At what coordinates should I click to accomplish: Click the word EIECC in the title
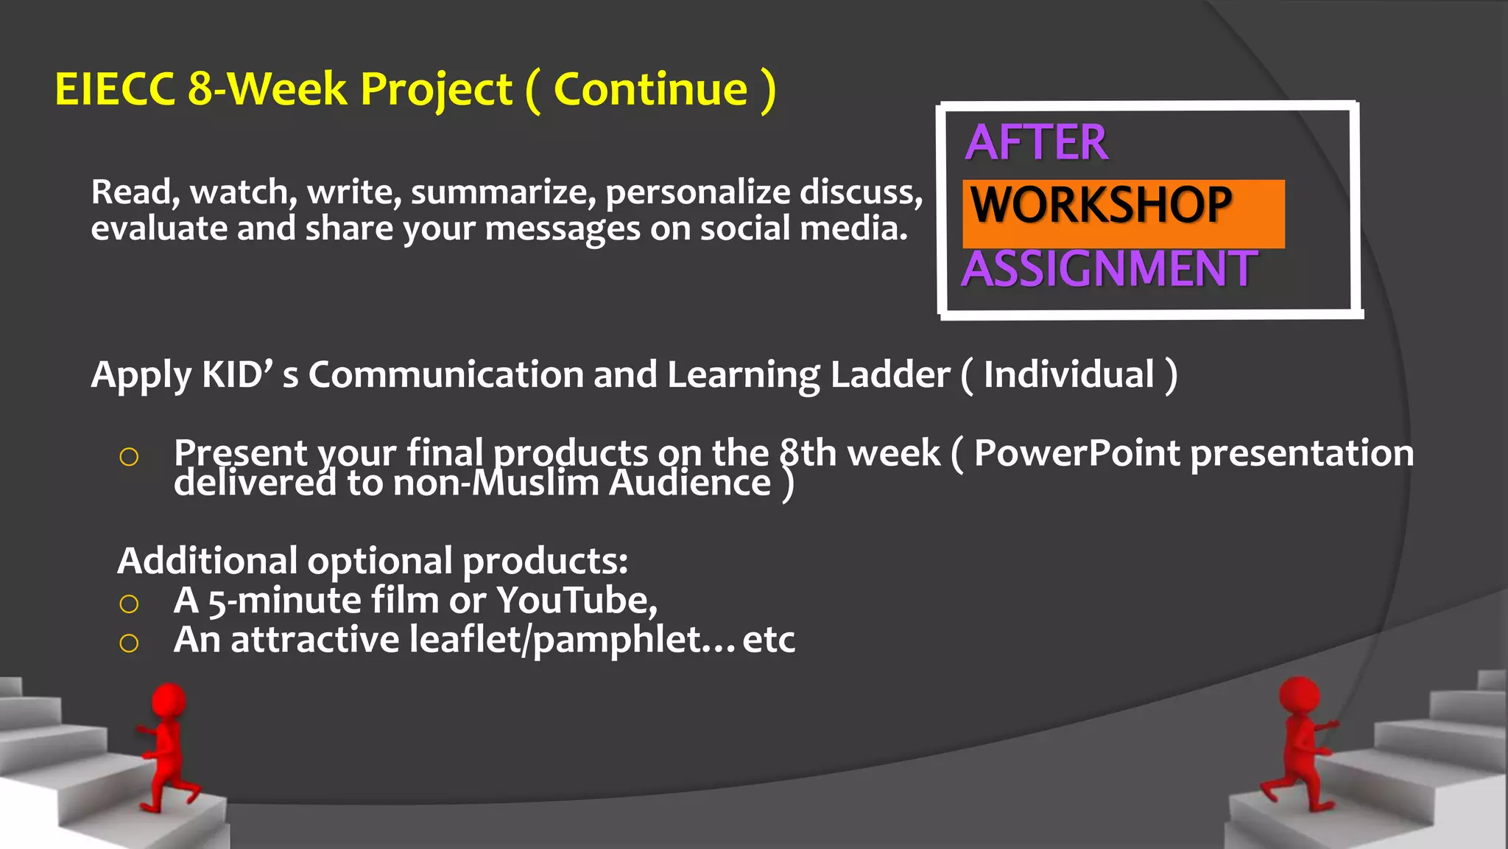pyautogui.click(x=115, y=90)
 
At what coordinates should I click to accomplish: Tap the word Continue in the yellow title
pyautogui.click(x=650, y=90)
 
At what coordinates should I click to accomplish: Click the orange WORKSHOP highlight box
pyautogui.click(x=1123, y=213)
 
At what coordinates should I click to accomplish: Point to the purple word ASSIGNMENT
pyautogui.click(x=1109, y=269)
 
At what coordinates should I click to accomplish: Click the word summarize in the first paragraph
pyautogui.click(x=503, y=193)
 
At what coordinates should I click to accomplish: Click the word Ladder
pyautogui.click(x=889, y=374)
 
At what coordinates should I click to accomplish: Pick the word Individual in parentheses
pyautogui.click(x=1068, y=374)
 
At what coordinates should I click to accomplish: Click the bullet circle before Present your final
pyautogui.click(x=129, y=457)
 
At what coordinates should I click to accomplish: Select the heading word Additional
pyautogui.click(x=207, y=562)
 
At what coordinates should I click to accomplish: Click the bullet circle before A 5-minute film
pyautogui.click(x=129, y=604)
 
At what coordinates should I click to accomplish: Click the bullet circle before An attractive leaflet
pyautogui.click(x=129, y=643)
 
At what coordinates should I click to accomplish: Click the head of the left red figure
pyautogui.click(x=169, y=698)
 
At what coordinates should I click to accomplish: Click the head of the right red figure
pyautogui.click(x=1299, y=695)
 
